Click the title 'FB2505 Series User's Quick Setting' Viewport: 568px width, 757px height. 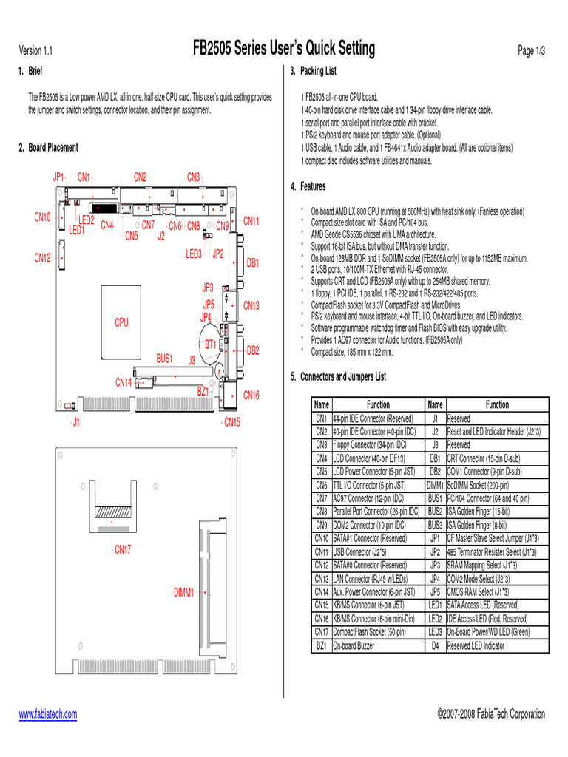click(284, 50)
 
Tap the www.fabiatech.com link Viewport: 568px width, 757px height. click(47, 714)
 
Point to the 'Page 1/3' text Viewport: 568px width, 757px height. click(531, 51)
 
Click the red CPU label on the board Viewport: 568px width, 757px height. click(121, 322)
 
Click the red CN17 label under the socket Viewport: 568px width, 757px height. click(122, 549)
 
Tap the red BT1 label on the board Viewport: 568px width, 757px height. click(211, 344)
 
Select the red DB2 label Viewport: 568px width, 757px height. click(252, 350)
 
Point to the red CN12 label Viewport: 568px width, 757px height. click(42, 258)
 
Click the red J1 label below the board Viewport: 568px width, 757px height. click(76, 422)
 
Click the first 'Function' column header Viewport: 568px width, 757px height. click(378, 404)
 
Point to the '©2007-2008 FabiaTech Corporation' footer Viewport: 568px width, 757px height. click(491, 714)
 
